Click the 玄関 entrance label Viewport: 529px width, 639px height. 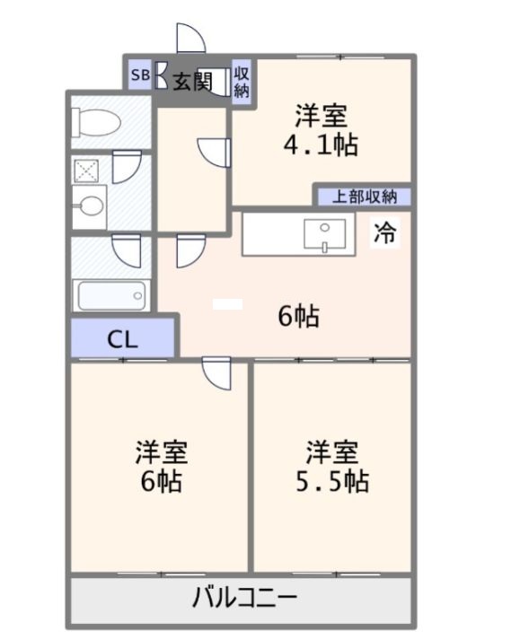click(191, 82)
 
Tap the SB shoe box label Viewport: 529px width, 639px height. click(140, 76)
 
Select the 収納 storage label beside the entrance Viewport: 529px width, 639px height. click(242, 81)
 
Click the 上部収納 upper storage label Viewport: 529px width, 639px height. click(364, 196)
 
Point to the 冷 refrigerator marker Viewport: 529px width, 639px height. click(384, 233)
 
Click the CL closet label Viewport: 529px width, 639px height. click(122, 339)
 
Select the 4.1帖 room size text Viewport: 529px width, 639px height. click(320, 144)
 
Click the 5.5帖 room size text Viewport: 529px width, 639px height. click(331, 480)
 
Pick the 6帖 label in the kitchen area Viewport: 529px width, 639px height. click(298, 316)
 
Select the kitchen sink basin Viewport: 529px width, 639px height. click(321, 233)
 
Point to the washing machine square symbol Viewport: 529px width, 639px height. click(86, 170)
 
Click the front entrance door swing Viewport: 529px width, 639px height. click(190, 39)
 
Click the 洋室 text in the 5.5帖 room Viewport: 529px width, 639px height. click(331, 448)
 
